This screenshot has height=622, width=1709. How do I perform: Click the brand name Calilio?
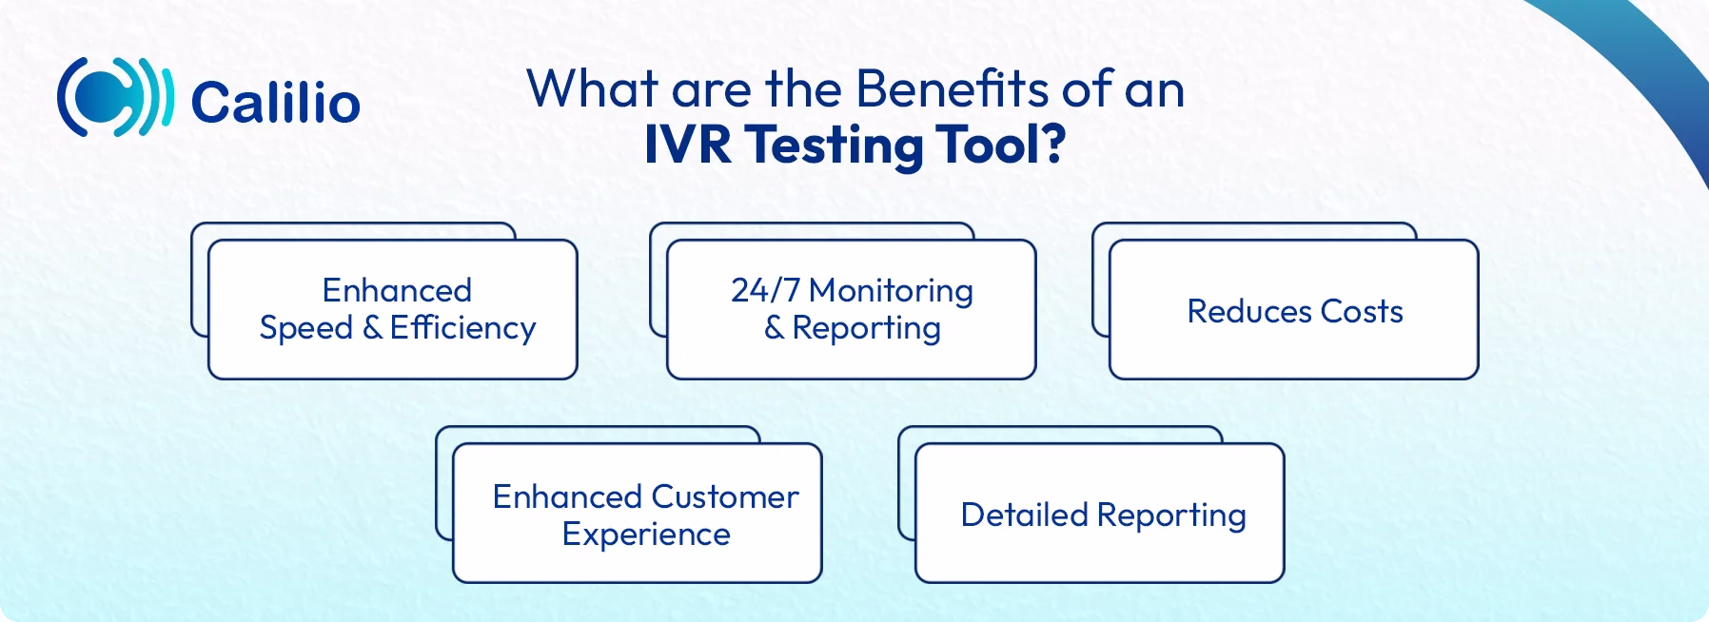tap(275, 103)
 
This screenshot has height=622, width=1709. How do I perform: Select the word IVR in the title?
tap(687, 146)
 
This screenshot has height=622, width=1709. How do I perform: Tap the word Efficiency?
tap(462, 328)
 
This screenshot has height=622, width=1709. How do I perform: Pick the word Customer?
tap(725, 497)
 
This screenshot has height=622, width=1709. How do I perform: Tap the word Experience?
tap(646, 535)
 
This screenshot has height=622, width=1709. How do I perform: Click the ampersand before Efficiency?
tap(372, 328)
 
